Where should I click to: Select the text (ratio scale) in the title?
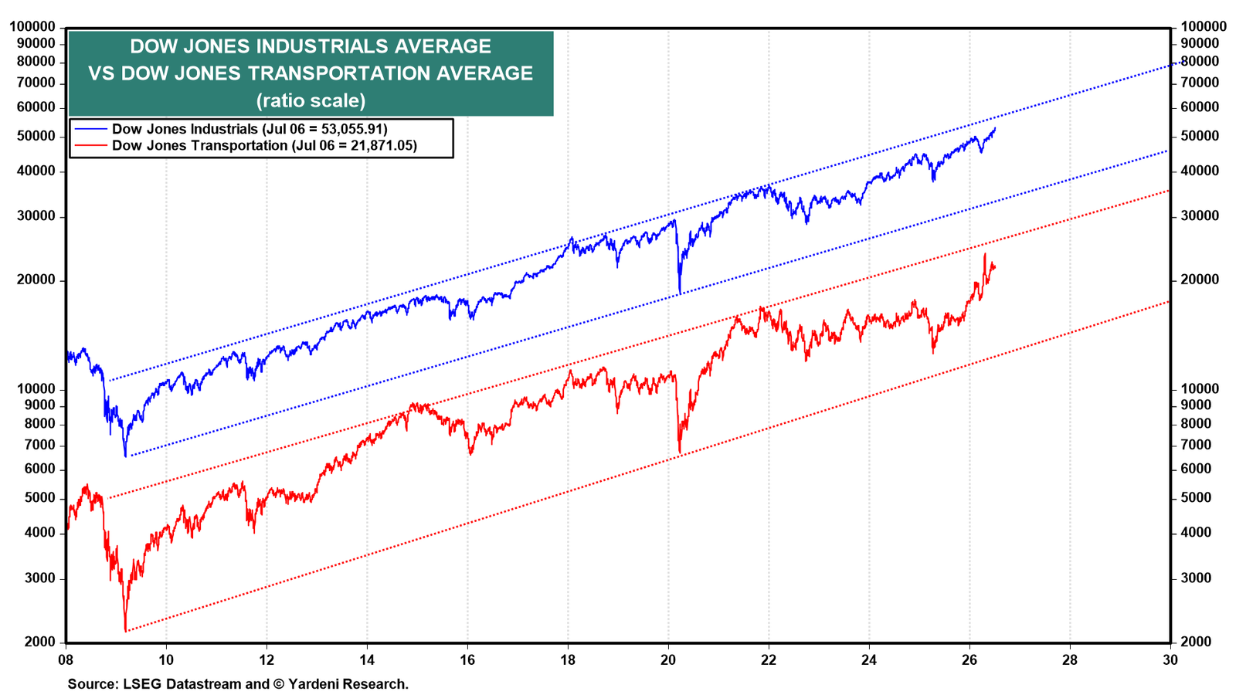[311, 100]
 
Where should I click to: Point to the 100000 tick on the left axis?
[32, 27]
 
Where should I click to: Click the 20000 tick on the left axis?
[36, 280]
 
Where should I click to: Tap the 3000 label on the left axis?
[40, 578]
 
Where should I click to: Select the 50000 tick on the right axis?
[1200, 136]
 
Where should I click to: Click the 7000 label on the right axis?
[1196, 445]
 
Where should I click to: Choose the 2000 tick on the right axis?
[1196, 642]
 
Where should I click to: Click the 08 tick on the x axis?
[66, 659]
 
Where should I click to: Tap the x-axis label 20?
[668, 659]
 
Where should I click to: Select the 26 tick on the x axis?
[969, 659]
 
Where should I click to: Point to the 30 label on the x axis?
[1170, 659]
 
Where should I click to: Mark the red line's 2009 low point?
[126, 630]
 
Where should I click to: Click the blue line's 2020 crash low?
[680, 293]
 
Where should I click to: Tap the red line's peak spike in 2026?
[985, 254]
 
